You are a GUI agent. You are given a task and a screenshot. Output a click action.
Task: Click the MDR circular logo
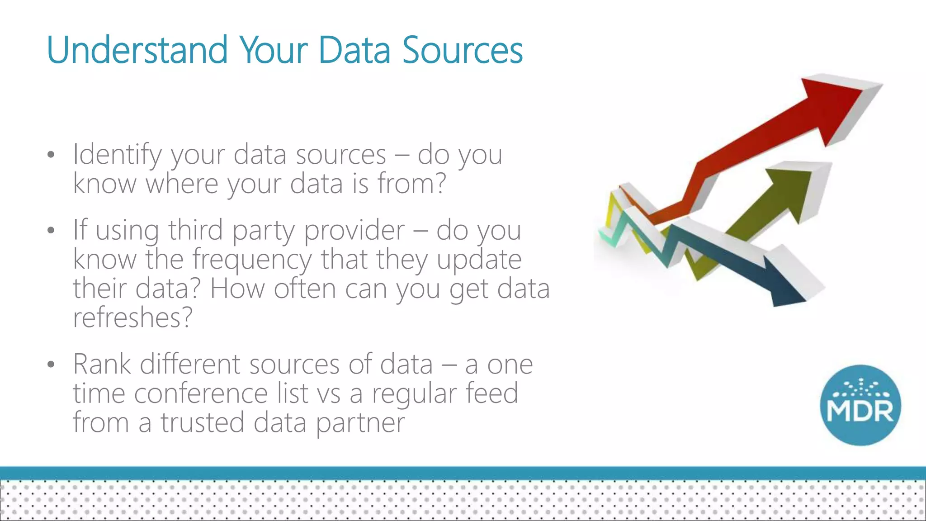click(860, 405)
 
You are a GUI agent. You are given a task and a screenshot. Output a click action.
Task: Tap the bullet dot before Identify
click(51, 155)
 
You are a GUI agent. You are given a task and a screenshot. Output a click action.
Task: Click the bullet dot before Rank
click(51, 365)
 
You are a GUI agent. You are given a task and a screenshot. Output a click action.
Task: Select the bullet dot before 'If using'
click(51, 231)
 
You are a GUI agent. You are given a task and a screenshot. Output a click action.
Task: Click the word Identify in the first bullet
click(117, 155)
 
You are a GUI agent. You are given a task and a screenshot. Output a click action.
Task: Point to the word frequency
click(251, 260)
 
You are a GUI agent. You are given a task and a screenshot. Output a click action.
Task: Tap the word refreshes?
click(132, 317)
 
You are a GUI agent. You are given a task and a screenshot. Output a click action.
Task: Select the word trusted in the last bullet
click(202, 422)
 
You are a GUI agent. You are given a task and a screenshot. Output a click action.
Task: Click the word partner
click(360, 422)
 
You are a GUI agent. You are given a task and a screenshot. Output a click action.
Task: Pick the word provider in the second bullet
click(354, 231)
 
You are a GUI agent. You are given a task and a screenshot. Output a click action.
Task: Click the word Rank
click(102, 364)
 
